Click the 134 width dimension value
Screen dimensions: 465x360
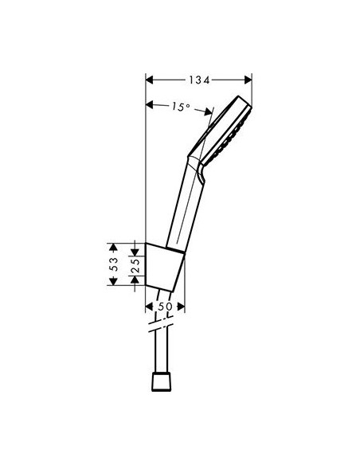[198, 79]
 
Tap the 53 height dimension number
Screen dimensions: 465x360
[114, 264]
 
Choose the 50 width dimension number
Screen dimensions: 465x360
[165, 306]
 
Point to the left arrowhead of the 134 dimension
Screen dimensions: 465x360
[150, 79]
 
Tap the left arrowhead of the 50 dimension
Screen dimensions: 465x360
[150, 306]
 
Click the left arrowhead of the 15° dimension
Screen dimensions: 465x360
[150, 104]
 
